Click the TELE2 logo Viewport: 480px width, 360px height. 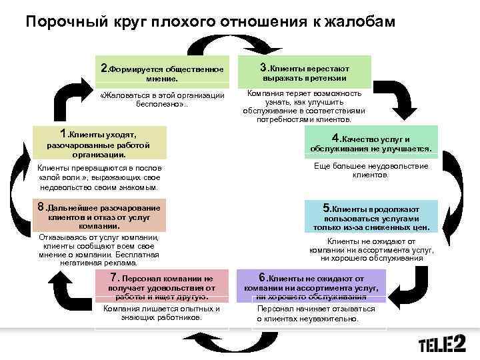point(441,345)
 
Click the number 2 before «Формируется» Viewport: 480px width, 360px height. point(103,68)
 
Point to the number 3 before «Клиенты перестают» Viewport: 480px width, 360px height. point(263,67)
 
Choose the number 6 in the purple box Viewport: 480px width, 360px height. point(263,277)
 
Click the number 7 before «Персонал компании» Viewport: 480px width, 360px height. point(113,277)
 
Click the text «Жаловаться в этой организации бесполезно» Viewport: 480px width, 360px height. point(161,100)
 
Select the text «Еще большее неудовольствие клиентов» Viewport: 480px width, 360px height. point(371,170)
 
